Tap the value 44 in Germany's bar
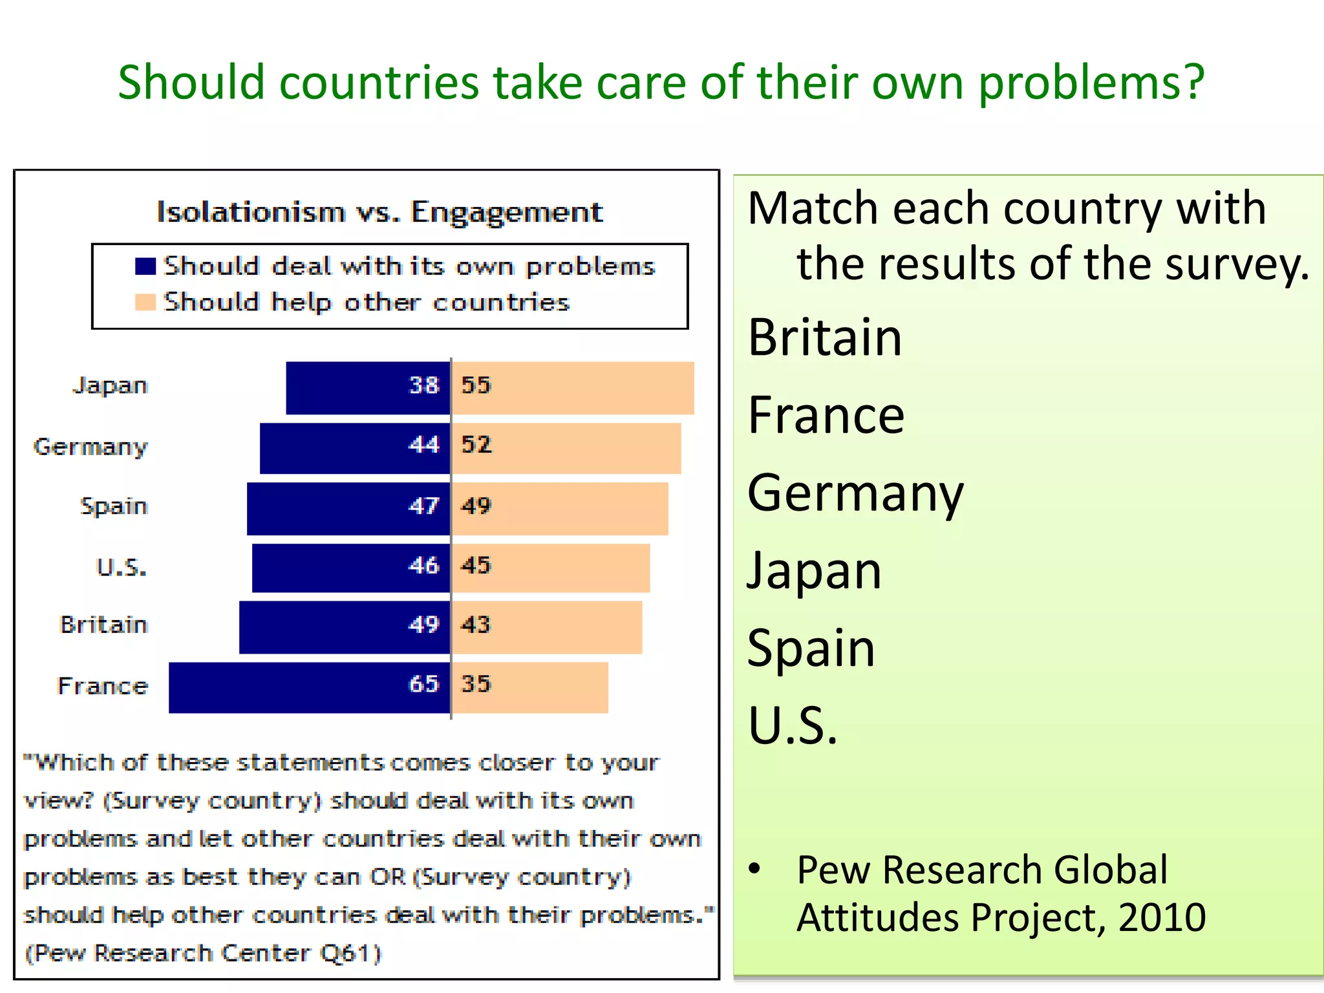pos(424,445)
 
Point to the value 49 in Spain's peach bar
pos(476,506)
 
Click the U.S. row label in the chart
pos(122,568)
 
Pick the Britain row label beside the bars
pos(104,625)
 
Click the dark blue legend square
pos(145,266)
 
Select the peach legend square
pos(145,303)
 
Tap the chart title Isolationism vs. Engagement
pos(379,212)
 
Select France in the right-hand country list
pos(826,415)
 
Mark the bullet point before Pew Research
pos(754,868)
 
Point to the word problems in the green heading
pos(1091,83)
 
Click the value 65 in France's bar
pos(424,684)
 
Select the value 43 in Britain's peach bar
pos(476,625)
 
